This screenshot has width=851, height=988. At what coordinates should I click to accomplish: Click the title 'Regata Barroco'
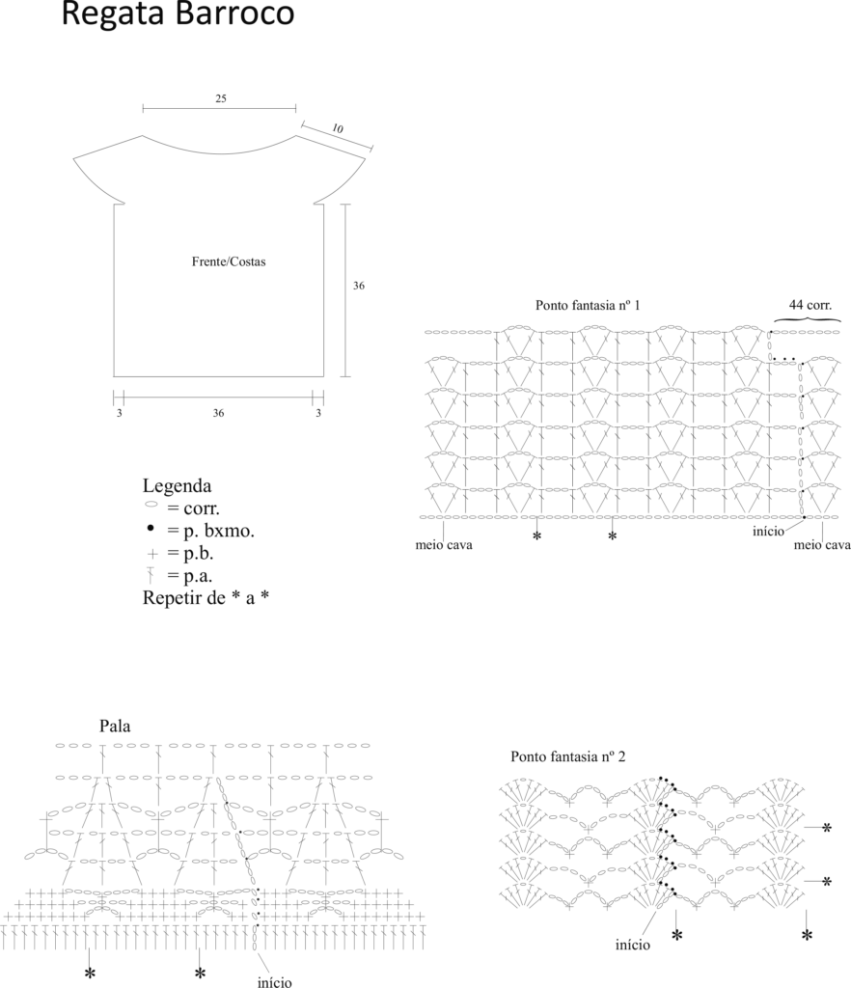coord(178,13)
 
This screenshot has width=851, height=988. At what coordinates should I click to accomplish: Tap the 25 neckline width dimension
coord(220,98)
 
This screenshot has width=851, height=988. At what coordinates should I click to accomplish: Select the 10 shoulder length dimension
coord(338,128)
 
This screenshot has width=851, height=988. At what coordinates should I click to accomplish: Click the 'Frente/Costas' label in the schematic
coord(229,261)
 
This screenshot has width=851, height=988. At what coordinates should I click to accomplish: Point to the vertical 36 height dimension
coord(358,286)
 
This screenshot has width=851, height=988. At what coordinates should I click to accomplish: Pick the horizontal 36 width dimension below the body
coord(218,413)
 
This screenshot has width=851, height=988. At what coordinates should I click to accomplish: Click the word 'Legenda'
coord(177,486)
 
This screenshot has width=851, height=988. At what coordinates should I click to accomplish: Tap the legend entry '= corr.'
coord(193,508)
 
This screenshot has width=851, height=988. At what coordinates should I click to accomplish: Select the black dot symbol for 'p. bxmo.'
coord(151,528)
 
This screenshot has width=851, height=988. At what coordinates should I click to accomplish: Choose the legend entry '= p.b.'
coord(190,553)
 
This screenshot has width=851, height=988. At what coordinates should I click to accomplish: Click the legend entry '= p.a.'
coord(190,576)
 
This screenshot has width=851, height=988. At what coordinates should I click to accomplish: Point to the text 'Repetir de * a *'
coord(206,597)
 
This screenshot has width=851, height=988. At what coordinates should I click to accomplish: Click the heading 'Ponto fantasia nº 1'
coord(588,305)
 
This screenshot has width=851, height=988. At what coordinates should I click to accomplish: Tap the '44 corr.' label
coord(810,305)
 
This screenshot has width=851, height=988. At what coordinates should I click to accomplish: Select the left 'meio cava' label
coord(444,545)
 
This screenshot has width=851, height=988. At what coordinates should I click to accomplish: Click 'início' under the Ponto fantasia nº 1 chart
coord(768,532)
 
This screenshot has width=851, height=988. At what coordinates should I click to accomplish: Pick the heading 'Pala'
coord(115,726)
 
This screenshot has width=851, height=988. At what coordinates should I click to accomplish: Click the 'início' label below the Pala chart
coord(275,981)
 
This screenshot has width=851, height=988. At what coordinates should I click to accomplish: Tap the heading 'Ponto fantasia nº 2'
coord(568,756)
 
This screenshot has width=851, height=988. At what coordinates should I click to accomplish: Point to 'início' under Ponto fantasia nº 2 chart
coord(632,945)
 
